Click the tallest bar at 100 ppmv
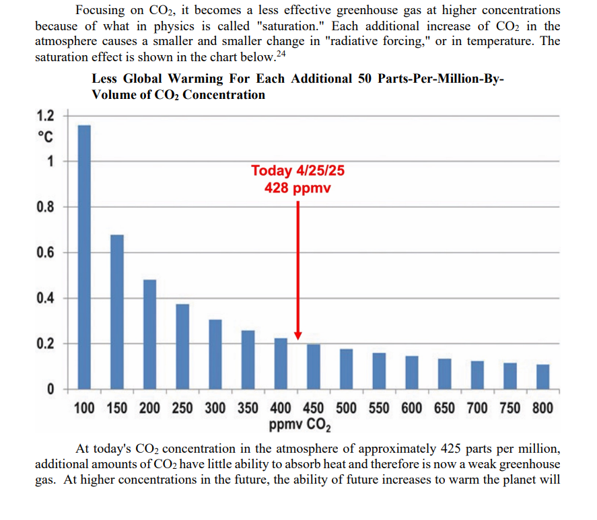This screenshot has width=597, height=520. pos(84,257)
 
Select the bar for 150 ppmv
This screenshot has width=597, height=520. pos(117,312)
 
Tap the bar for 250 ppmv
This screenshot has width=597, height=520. pos(182,346)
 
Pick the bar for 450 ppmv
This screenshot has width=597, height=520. pos(314,367)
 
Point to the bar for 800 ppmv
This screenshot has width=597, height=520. pos(543,377)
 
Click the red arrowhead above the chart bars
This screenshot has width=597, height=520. pos(297,335)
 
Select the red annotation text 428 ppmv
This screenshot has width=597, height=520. pos(297,187)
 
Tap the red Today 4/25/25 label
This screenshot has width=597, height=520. pos(297,171)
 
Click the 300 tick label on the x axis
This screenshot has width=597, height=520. pos(215,408)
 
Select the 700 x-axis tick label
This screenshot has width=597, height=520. pos(478,408)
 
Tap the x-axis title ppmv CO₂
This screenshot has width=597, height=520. pos(299,425)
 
